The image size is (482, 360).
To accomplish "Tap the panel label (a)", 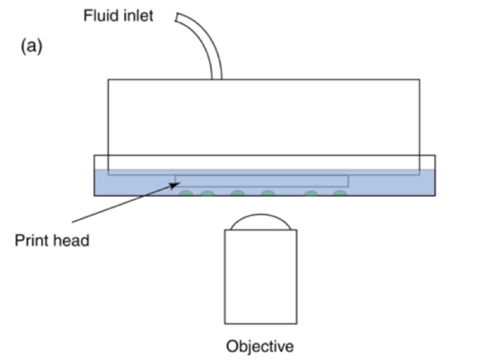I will tap(32, 48).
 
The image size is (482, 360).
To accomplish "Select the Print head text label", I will tap(52, 240).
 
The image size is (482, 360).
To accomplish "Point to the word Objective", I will tap(260, 346).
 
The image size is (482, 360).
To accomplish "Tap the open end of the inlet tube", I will tap(177, 15).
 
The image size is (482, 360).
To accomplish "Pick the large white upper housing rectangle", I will tap(264, 118).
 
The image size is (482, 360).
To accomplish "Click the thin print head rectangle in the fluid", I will tap(262, 180).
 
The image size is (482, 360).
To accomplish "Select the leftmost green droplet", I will tap(186, 193).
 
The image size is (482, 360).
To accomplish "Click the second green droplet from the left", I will tap(208, 193).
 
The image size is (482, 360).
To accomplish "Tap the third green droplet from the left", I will tap(238, 193).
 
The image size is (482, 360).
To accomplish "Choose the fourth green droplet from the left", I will tap(267, 193).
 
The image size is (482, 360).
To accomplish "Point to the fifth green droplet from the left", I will tap(311, 193).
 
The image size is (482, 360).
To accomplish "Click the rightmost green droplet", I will tap(340, 193).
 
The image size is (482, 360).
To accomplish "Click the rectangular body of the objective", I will tap(260, 276).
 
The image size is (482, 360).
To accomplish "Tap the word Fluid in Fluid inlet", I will tap(97, 15).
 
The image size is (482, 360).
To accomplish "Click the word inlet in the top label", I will tap(135, 15).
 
